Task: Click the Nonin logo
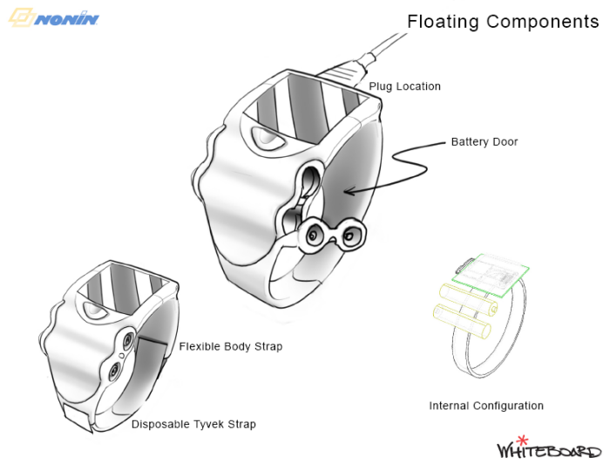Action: tap(54, 17)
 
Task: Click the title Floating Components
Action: tap(503, 21)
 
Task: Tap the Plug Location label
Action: tap(404, 86)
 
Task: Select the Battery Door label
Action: tap(484, 141)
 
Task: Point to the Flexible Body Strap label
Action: tap(230, 346)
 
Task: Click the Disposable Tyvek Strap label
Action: tap(193, 425)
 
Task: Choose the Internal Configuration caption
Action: tap(485, 406)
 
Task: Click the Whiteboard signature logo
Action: tap(548, 450)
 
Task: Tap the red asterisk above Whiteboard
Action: tap(523, 439)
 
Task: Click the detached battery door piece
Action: tap(331, 234)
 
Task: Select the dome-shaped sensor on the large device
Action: tap(261, 136)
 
